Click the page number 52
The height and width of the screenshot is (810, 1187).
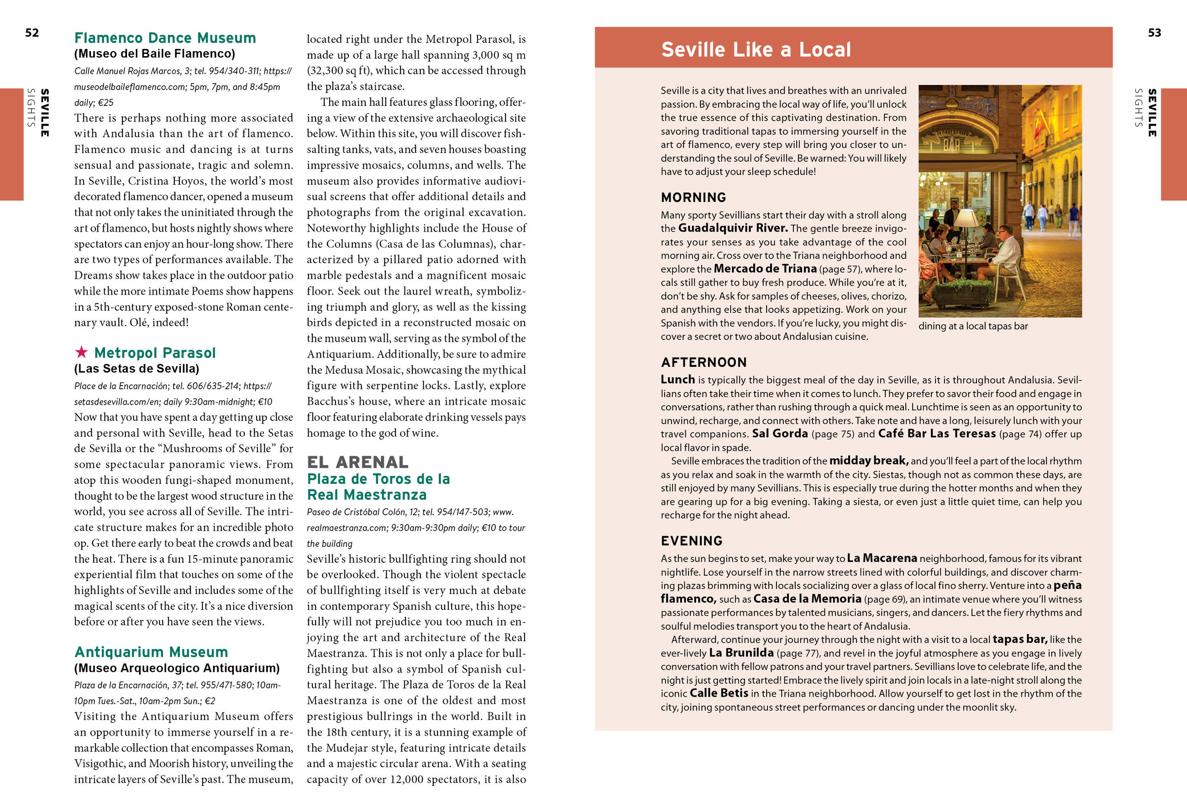tap(32, 33)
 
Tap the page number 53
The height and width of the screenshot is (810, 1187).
tap(1154, 33)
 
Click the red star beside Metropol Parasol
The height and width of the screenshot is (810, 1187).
tap(81, 352)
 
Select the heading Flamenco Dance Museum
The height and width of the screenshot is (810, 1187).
tap(165, 38)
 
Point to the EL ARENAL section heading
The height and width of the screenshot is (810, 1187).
tap(357, 462)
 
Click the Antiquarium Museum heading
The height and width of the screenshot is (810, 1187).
tap(151, 651)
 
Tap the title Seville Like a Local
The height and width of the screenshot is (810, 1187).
tap(756, 50)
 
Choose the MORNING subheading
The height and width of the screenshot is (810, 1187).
tap(693, 197)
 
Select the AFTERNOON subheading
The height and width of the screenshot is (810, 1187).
tap(704, 362)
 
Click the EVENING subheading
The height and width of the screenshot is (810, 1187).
tap(692, 540)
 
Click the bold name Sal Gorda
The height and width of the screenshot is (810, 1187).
tap(779, 434)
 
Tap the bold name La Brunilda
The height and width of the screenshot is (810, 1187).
tap(741, 652)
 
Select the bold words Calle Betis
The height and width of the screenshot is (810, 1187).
tap(719, 693)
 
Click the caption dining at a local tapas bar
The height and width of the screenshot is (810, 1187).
tap(972, 326)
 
